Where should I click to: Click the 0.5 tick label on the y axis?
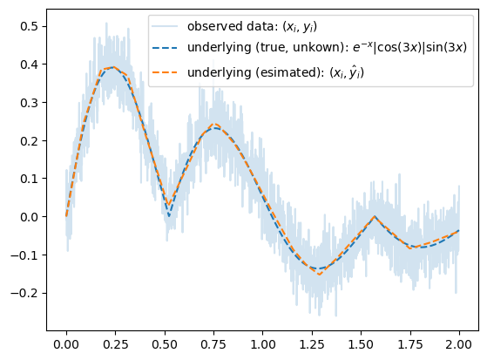click(x=29, y=26)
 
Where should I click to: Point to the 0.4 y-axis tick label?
click(x=29, y=65)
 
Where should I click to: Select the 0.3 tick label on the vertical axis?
click(x=29, y=103)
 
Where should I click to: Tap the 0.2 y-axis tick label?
click(x=29, y=141)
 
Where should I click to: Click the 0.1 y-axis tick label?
click(x=29, y=179)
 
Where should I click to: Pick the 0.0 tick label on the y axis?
click(x=29, y=217)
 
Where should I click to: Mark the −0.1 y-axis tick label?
click(x=24, y=255)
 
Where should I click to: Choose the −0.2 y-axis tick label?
click(x=24, y=293)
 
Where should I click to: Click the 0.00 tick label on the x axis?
click(x=66, y=344)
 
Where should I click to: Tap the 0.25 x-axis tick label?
click(x=115, y=344)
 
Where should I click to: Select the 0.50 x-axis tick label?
click(x=165, y=344)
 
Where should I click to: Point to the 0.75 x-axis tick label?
click(x=213, y=344)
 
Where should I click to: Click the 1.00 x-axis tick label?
click(x=263, y=344)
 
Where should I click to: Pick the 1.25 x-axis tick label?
click(x=312, y=344)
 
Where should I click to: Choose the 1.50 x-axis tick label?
click(x=361, y=344)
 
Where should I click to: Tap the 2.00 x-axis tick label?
click(x=459, y=344)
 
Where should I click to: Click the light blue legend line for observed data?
click(x=165, y=26)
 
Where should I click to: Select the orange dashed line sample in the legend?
click(x=165, y=72)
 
